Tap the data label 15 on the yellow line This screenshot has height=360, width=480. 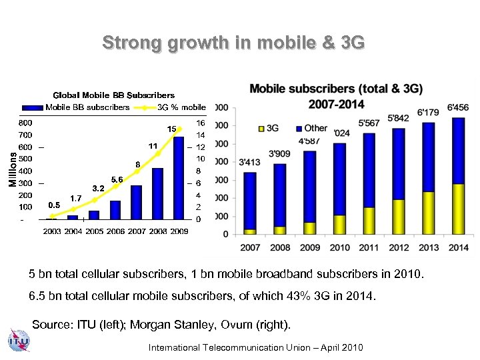[171, 128]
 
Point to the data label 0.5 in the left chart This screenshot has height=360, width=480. [55, 205]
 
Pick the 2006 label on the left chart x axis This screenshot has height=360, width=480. [115, 231]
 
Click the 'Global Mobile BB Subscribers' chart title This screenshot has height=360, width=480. [113, 95]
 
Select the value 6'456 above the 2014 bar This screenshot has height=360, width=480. [458, 107]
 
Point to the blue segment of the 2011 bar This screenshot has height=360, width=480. [369, 171]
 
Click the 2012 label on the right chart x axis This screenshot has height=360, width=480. [399, 247]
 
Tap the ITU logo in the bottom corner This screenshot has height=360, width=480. [18, 341]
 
